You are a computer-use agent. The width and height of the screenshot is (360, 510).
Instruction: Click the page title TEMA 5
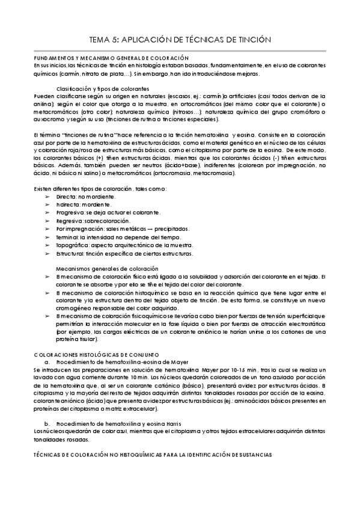click(x=180, y=40)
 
